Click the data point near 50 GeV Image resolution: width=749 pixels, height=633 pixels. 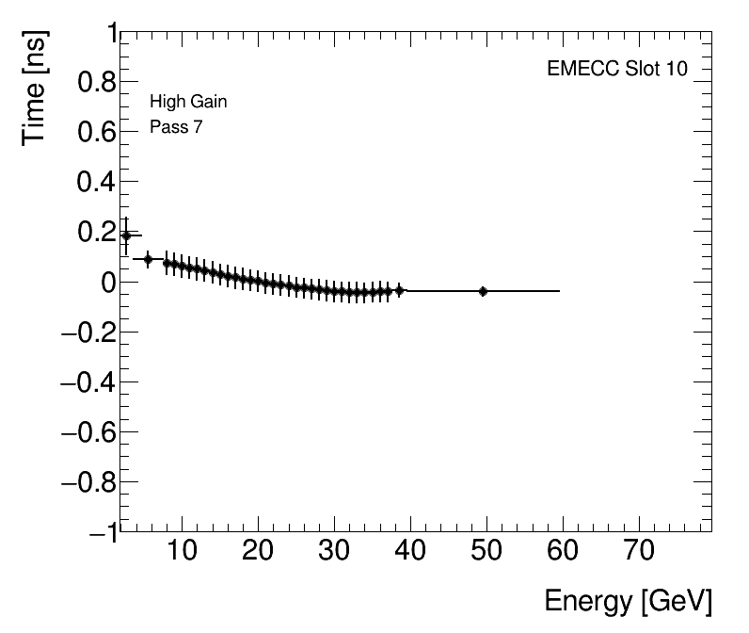(483, 291)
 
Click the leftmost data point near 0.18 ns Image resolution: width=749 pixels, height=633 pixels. (126, 235)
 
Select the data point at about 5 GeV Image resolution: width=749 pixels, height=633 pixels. (148, 258)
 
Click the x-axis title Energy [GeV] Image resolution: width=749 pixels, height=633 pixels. (628, 601)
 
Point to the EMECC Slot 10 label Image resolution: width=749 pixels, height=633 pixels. (617, 71)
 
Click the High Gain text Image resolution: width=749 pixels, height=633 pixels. (188, 102)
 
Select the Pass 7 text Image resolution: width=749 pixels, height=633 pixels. (176, 127)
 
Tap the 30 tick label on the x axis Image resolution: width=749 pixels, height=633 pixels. (334, 551)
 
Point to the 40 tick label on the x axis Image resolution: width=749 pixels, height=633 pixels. (410, 551)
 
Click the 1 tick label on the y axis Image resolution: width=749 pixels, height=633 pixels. (107, 34)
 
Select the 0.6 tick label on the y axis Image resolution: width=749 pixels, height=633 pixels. (92, 133)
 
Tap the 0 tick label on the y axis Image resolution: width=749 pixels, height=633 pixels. (105, 282)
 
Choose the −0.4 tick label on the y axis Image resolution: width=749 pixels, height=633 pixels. (86, 381)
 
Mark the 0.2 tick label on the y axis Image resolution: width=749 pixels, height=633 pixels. (92, 232)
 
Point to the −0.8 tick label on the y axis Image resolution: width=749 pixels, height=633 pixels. (86, 481)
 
